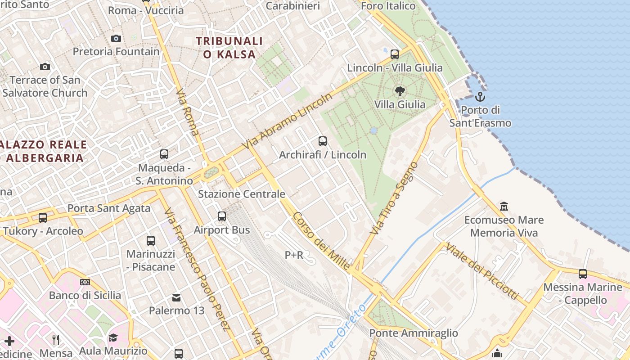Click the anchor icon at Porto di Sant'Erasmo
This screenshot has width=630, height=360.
[480, 96]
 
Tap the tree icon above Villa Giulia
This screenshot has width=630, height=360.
[400, 91]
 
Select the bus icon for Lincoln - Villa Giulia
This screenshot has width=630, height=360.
[395, 54]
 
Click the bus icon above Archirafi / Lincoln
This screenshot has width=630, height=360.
[323, 141]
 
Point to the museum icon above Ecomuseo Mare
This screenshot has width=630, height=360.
[504, 207]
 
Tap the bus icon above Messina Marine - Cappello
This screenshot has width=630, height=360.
[583, 274]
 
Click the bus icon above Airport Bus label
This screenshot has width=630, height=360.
[222, 216]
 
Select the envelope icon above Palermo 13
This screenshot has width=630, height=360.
[176, 297]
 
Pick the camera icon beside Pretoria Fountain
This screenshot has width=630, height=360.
[116, 39]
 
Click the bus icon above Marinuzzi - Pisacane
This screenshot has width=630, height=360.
[151, 241]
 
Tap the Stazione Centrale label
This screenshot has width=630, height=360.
[242, 194]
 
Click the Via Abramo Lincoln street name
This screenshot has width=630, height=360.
[288, 121]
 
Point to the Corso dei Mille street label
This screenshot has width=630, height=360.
[321, 241]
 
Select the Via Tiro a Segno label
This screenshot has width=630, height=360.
[394, 198]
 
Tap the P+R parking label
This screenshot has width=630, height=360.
[294, 255]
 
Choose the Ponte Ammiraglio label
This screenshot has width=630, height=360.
[414, 333]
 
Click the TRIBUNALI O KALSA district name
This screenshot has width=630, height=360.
[229, 48]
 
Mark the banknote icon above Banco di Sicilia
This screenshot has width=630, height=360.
[85, 282]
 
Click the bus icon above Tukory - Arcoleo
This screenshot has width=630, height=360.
[43, 218]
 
